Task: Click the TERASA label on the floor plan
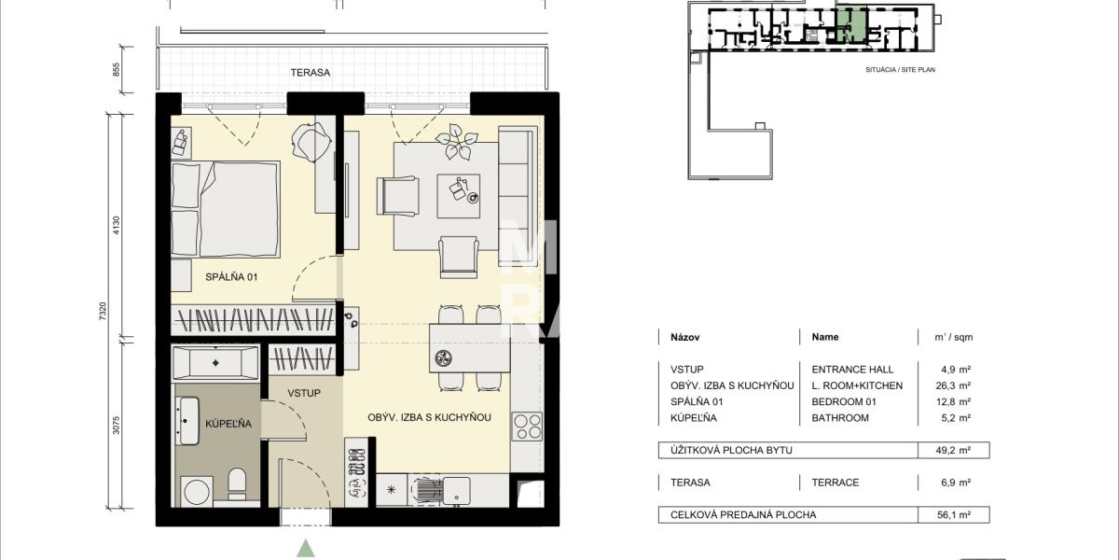pyautogui.click(x=311, y=73)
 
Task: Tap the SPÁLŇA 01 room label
pyautogui.click(x=231, y=277)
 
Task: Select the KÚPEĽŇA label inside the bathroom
pyautogui.click(x=228, y=424)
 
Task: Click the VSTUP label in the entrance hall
pyautogui.click(x=304, y=394)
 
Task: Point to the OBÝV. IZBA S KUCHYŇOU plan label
pyautogui.click(x=429, y=417)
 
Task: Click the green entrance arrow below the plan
pyautogui.click(x=306, y=548)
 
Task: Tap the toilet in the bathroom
pyautogui.click(x=237, y=483)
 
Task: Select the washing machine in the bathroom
pyautogui.click(x=198, y=492)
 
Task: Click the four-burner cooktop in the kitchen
pyautogui.click(x=527, y=426)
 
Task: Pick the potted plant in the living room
pyautogui.click(x=456, y=142)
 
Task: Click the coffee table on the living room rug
pyautogui.click(x=459, y=196)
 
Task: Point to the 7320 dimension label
pyautogui.click(x=103, y=311)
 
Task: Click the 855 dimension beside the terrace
pyautogui.click(x=117, y=69)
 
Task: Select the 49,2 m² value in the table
pyautogui.click(x=953, y=450)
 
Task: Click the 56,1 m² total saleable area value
pyautogui.click(x=953, y=514)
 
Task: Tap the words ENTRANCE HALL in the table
pyautogui.click(x=852, y=370)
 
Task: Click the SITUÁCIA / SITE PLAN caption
pyautogui.click(x=900, y=70)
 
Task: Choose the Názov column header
pyautogui.click(x=684, y=338)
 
